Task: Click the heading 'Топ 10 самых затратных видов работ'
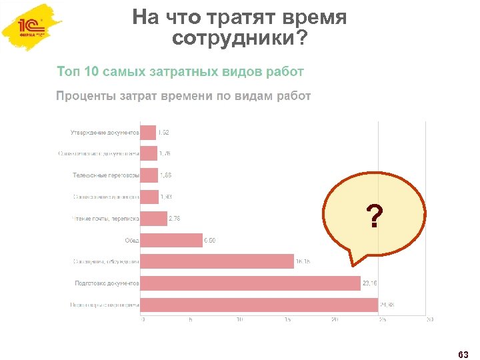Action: coord(181,71)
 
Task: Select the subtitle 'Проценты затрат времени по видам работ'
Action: coord(183,96)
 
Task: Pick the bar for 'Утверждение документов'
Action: coord(149,133)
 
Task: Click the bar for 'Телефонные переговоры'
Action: coord(150,175)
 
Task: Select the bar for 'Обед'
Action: coord(172,240)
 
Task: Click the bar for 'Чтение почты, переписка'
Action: coord(155,218)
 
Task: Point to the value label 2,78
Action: coord(174,218)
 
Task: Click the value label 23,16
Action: coord(369,283)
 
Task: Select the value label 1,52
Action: coord(163,133)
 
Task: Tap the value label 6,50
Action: coord(209,240)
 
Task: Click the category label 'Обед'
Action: coord(132,240)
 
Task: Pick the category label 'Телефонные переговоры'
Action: coord(106,175)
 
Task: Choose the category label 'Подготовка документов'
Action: coord(107,283)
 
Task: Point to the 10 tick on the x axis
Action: coord(239,320)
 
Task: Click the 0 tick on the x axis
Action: coord(143,320)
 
